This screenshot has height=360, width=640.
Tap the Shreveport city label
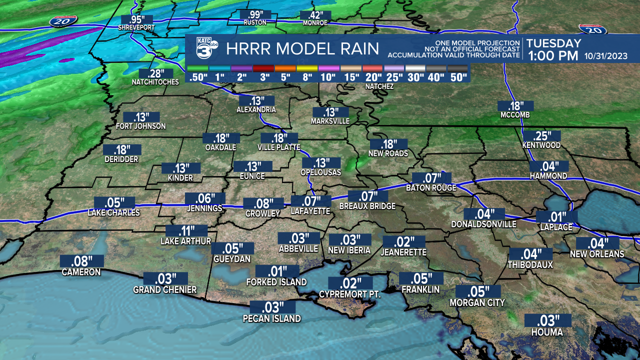tap(136, 27)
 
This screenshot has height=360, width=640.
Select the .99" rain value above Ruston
tap(255, 15)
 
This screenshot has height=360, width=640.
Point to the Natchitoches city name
tap(155, 82)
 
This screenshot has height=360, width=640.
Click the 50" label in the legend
tap(458, 77)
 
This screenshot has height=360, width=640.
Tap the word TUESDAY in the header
tap(553, 43)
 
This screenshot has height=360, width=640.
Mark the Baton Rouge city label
tap(431, 188)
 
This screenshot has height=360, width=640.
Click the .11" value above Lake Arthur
tap(186, 231)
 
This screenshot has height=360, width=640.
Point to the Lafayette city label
tap(310, 211)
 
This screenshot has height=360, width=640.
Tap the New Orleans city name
tap(597, 254)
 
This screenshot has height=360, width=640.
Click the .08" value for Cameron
tap(81, 261)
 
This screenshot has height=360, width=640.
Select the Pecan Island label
tap(272, 318)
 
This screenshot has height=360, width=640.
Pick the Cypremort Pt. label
tap(350, 294)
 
